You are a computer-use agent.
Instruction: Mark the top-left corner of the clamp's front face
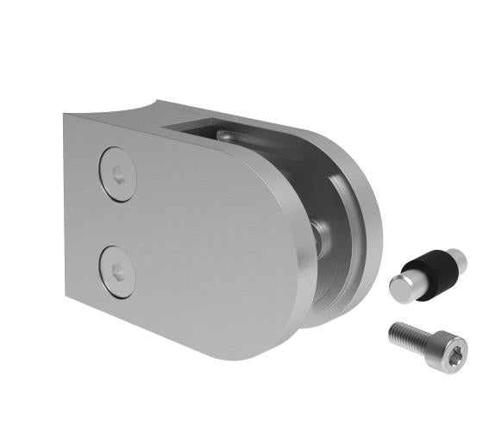point(65,116)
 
